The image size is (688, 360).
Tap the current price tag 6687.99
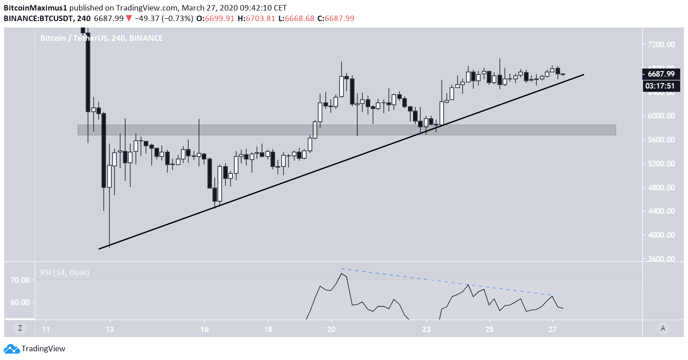tap(661, 74)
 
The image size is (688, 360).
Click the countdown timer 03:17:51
tap(661, 86)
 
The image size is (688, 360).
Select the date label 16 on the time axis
tap(205, 329)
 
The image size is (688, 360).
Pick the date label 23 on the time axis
tap(427, 329)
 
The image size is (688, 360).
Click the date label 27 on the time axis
tap(552, 329)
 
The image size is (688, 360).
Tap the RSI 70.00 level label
tap(21, 280)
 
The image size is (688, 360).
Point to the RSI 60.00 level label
tap(21, 302)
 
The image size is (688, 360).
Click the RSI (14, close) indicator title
tap(65, 272)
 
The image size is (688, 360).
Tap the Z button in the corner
tap(20, 328)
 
